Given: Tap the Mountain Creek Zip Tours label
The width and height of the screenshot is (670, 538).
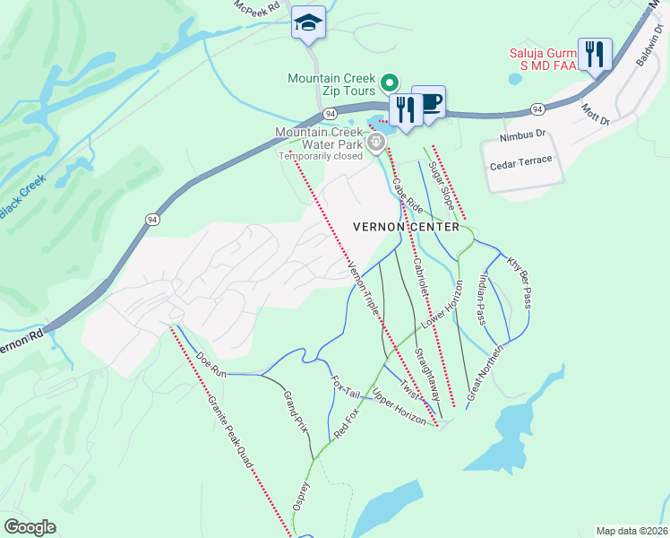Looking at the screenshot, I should click(331, 85).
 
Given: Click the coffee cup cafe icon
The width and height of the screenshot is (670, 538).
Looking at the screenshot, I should click(430, 102).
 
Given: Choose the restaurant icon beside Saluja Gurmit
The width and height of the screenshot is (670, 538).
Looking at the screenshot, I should click(595, 54).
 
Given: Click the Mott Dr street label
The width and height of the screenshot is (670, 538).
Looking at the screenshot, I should click(595, 114).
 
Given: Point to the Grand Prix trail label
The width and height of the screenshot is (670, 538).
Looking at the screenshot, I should click(296, 412).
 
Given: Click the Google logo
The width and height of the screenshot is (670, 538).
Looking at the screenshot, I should click(29, 527).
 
